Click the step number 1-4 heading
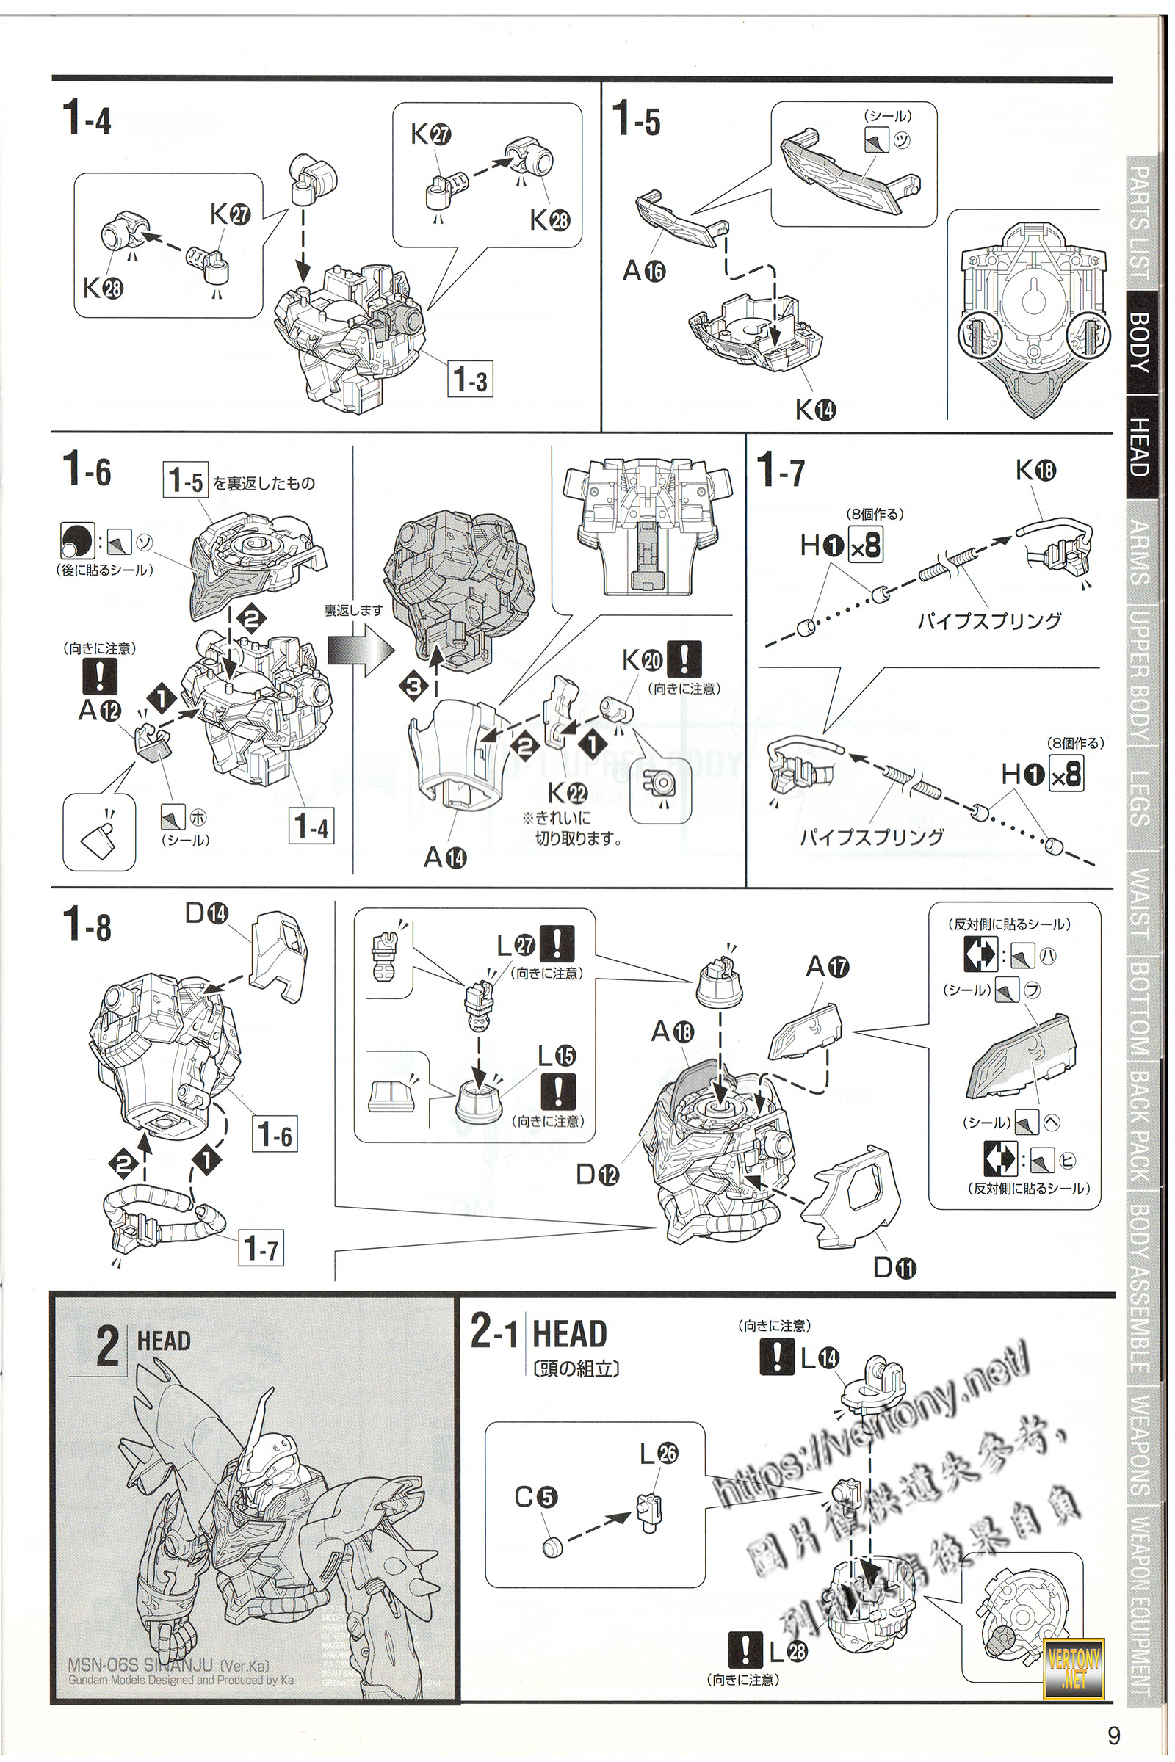87,118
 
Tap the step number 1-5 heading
636,118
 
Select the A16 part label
644,270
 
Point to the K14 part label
815,409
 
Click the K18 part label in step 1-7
1035,470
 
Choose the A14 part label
445,856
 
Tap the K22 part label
567,792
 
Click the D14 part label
207,913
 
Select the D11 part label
894,1268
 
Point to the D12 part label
597,1175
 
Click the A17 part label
828,966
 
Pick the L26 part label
659,1454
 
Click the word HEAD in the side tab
1139,446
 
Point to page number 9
1113,1735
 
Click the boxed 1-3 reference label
471,379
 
